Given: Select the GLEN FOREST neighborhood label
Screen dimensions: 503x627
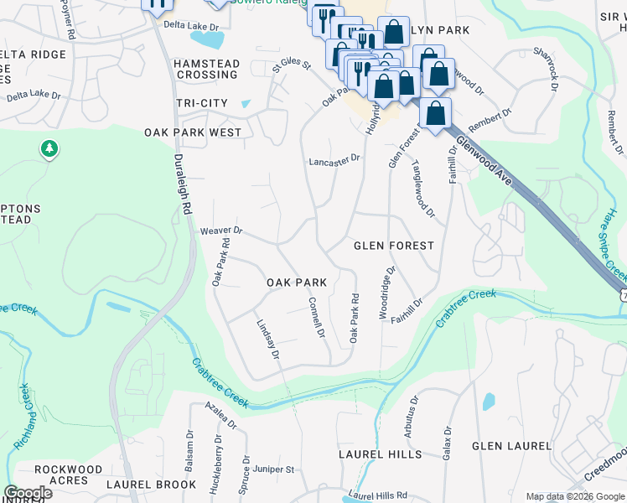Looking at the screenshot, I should [x=394, y=246].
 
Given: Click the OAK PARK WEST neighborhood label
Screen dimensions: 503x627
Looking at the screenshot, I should [x=193, y=132].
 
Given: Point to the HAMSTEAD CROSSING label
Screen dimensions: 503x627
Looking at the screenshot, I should [x=207, y=69].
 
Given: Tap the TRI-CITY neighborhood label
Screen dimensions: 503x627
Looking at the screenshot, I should [x=202, y=102].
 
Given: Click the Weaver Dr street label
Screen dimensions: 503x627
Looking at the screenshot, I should [x=221, y=231].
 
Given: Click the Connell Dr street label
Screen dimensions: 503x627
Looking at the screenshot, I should [x=316, y=318].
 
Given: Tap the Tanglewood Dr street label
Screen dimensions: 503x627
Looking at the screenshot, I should [x=422, y=190].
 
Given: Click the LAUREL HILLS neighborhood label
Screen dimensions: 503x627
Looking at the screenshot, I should [x=380, y=454].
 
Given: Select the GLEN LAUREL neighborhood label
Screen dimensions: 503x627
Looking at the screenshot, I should [x=511, y=446].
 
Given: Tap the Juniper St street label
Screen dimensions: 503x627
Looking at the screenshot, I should [x=273, y=469].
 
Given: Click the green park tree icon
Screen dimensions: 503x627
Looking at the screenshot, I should [x=49, y=149].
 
